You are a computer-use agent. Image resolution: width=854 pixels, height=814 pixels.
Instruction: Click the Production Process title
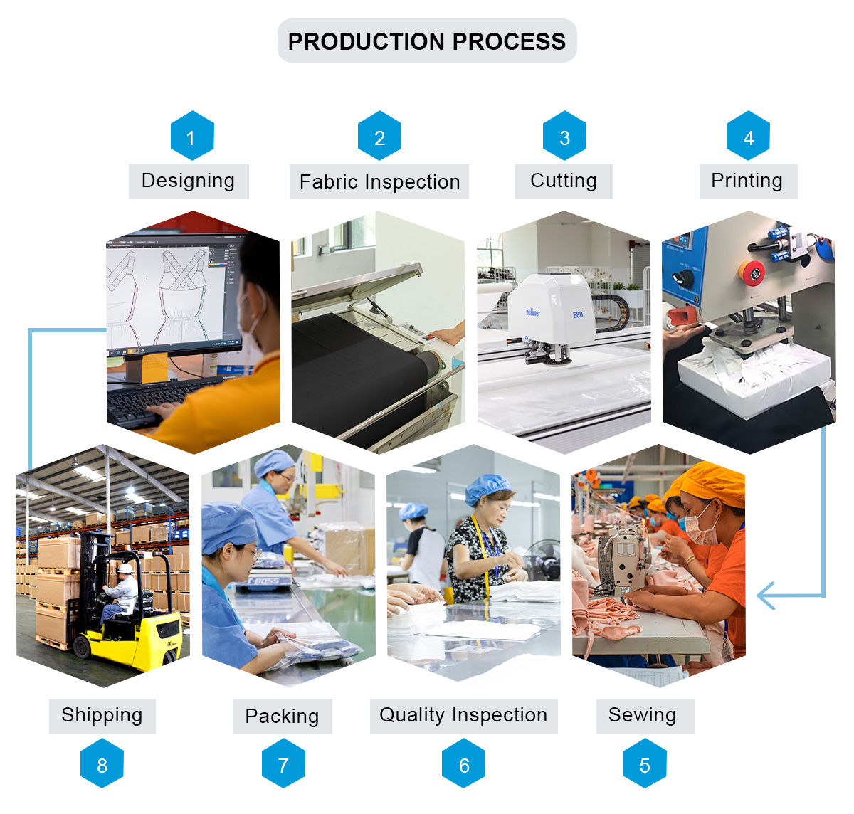click(426, 41)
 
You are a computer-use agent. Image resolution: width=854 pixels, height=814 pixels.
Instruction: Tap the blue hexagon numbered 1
click(191, 136)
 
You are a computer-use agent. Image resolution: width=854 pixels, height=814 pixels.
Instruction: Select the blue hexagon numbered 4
click(748, 136)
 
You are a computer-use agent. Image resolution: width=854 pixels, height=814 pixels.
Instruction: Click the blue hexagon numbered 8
click(102, 764)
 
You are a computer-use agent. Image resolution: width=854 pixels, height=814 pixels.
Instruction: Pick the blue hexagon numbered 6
click(464, 764)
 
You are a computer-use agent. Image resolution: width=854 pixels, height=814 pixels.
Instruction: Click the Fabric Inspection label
click(379, 182)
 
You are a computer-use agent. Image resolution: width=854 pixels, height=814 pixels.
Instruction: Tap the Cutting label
click(564, 181)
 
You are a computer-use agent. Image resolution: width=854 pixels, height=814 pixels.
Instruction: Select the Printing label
click(747, 181)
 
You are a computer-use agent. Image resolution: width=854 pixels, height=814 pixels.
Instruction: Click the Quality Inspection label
click(463, 715)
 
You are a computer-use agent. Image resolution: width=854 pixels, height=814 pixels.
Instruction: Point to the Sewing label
click(643, 715)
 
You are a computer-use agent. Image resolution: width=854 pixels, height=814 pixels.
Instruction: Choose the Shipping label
click(102, 715)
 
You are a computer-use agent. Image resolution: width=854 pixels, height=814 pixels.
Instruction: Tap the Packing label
click(282, 716)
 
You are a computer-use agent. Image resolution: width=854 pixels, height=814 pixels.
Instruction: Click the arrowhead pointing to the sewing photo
click(765, 596)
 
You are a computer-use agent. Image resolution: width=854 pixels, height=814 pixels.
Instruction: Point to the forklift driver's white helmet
click(125, 569)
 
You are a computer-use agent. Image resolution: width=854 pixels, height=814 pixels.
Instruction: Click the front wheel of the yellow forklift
click(83, 646)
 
